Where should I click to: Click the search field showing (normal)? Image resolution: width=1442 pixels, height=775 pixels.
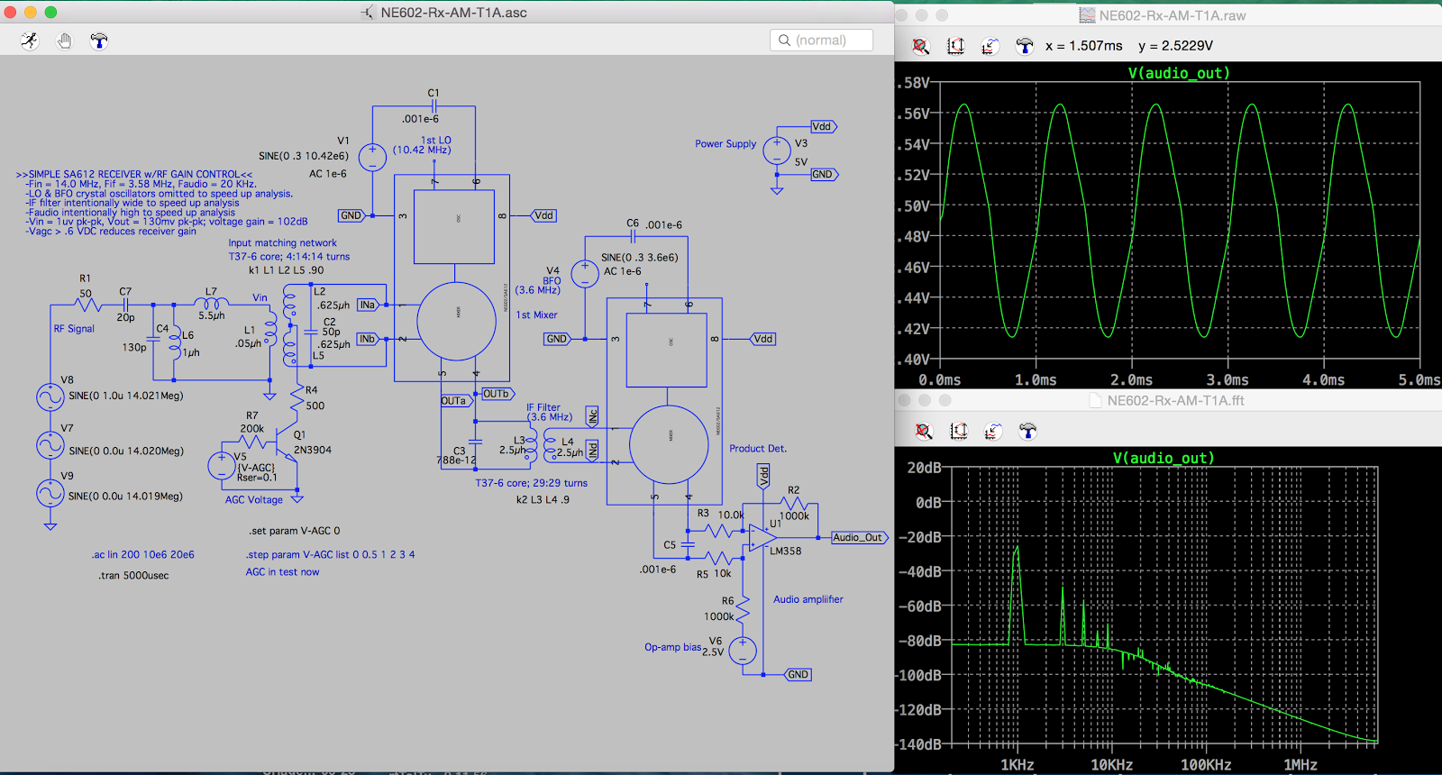click(x=821, y=41)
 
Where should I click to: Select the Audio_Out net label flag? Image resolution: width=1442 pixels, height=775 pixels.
click(x=858, y=537)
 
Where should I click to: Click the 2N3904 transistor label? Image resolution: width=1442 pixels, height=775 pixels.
click(x=313, y=450)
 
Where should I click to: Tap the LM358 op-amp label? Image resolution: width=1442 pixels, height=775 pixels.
click(x=785, y=551)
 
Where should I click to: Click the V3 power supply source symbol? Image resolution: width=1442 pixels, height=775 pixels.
click(x=777, y=150)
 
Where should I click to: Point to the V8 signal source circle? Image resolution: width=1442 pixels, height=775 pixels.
click(x=50, y=397)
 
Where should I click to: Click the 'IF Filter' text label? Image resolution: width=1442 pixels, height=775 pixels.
click(x=543, y=407)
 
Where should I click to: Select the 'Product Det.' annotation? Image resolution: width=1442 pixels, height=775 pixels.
click(x=758, y=448)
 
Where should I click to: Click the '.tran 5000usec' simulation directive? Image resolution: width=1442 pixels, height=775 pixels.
click(x=133, y=575)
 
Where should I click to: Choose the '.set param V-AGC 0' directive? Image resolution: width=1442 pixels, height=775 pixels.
click(x=295, y=531)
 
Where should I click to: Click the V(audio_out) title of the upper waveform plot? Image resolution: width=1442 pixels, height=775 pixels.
click(x=1178, y=73)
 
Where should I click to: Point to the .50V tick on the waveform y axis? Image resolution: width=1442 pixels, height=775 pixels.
click(x=914, y=205)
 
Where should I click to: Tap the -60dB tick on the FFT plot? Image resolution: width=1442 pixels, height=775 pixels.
click(x=919, y=606)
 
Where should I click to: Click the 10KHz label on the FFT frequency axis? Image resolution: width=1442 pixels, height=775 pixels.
click(x=1111, y=765)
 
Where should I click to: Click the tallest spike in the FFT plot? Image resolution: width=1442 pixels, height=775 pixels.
click(x=1017, y=548)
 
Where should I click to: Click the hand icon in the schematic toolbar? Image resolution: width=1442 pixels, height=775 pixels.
click(x=64, y=41)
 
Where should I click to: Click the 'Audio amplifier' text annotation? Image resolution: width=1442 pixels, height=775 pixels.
click(x=808, y=599)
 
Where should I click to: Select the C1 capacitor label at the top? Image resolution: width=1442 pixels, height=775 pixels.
click(x=434, y=93)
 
